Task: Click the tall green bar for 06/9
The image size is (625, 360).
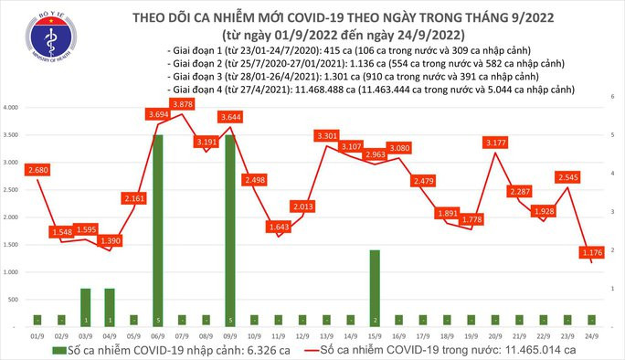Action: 158,228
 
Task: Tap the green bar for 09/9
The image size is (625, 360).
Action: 230,228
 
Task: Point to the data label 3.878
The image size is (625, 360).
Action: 182,105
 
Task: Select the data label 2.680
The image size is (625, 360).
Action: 38,170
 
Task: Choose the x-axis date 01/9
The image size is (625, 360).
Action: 37,335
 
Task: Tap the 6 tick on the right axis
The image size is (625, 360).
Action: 612,95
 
